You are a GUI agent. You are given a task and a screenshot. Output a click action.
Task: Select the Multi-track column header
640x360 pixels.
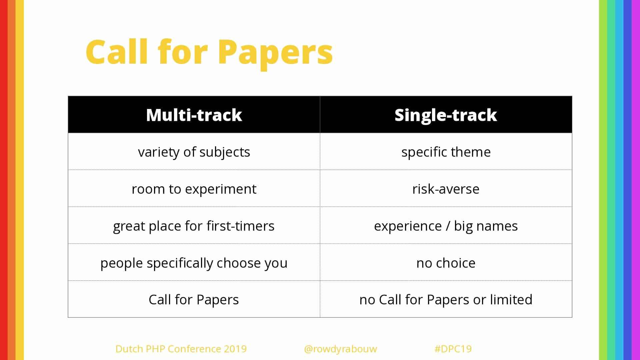pyautogui.click(x=194, y=115)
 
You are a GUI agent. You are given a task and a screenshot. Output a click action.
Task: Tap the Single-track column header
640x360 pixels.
pyautogui.click(x=446, y=115)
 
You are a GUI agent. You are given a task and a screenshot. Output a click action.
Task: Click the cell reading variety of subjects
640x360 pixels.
pyautogui.click(x=194, y=152)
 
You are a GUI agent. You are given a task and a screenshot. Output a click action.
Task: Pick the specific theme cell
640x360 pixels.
pyautogui.click(x=446, y=152)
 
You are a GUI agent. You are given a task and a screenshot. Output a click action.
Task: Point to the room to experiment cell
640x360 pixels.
pyautogui.click(x=194, y=189)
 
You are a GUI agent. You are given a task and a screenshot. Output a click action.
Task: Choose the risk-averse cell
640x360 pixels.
pyautogui.click(x=446, y=189)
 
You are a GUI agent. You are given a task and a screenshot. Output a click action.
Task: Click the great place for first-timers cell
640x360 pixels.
pyautogui.click(x=194, y=226)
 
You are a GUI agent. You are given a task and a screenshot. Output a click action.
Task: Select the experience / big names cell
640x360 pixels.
pyautogui.click(x=446, y=226)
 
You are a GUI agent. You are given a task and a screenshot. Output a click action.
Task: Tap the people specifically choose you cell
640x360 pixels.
pyautogui.click(x=194, y=263)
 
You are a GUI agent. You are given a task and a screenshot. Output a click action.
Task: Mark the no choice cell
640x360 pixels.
pyautogui.click(x=446, y=263)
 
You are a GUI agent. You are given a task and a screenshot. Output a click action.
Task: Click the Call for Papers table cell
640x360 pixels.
pyautogui.click(x=194, y=299)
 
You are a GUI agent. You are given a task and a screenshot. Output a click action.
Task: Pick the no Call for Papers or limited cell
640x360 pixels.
pyautogui.click(x=446, y=299)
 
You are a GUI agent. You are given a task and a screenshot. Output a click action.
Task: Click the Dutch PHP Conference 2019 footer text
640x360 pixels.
pyautogui.click(x=181, y=349)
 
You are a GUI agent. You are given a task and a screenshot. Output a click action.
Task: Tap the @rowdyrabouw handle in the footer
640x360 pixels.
pyautogui.click(x=340, y=349)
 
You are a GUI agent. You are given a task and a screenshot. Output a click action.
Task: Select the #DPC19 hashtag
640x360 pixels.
pyautogui.click(x=453, y=349)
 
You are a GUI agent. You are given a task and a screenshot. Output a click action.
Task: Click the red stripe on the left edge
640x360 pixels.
pyautogui.click(x=4, y=180)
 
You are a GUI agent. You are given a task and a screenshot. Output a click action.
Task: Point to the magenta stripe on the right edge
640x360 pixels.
pyautogui.click(x=636, y=180)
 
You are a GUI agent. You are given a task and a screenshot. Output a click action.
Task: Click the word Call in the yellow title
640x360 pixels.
pyautogui.click(x=117, y=52)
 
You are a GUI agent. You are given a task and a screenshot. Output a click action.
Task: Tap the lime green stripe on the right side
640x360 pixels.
pyautogui.click(x=603, y=180)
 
